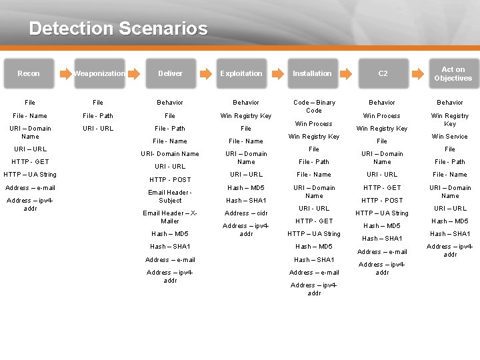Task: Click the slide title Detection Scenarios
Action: point(118,29)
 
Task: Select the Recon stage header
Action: point(29,73)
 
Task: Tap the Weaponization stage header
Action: point(99,73)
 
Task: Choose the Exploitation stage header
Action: point(241,73)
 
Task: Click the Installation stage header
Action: point(312,73)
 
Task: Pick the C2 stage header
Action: point(383,73)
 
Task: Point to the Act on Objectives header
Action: point(453,73)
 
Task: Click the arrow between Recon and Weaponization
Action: point(64,73)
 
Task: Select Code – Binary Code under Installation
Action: point(314,107)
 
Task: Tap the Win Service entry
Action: point(450,137)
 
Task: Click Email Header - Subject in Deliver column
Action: point(170,196)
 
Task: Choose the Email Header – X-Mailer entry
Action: point(170,217)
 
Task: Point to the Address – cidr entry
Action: point(246,213)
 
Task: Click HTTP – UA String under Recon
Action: point(30,175)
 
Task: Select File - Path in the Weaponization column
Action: point(98,115)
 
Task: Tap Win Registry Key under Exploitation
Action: point(246,116)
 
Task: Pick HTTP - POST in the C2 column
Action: point(382,201)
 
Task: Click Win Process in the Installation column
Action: point(314,124)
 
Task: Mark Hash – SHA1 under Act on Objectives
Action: point(450,234)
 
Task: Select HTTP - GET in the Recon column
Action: point(30,162)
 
